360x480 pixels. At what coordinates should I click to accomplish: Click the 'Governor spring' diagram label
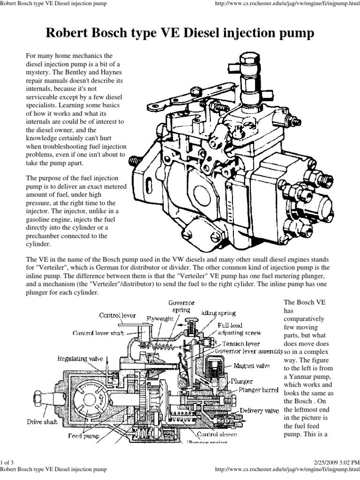pyautogui.click(x=181, y=306)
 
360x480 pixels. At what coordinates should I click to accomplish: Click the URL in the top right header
pyautogui.click(x=285, y=4)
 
